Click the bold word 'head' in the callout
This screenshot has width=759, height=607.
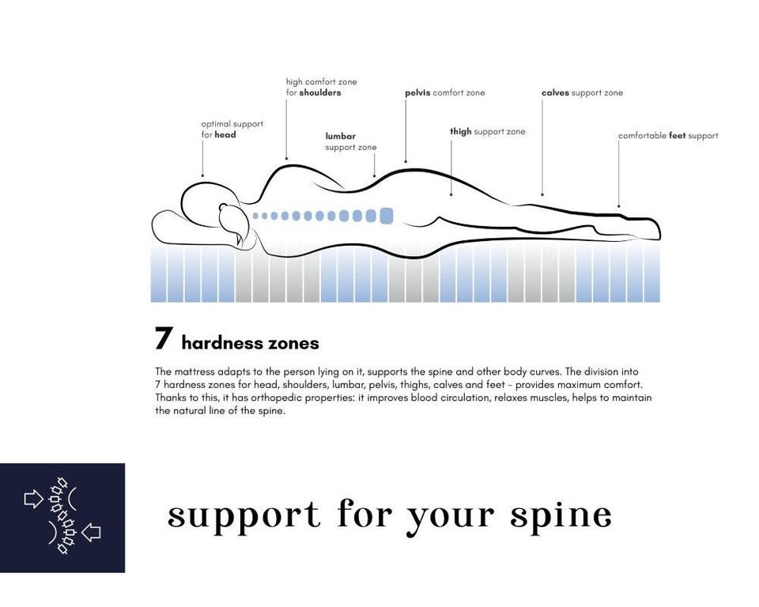click(x=225, y=134)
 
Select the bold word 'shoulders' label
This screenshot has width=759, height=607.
click(x=320, y=92)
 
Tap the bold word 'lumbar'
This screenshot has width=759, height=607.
click(x=340, y=136)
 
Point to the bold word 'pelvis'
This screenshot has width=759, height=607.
click(x=417, y=93)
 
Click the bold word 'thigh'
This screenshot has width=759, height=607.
click(x=461, y=132)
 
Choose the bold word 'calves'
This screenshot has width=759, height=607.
click(x=555, y=92)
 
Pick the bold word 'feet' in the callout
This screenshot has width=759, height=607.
click(x=678, y=135)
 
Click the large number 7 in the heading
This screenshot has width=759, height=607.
click(x=164, y=337)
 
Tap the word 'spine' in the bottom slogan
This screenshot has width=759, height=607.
click(x=561, y=516)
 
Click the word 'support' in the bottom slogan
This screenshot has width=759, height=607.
click(x=244, y=516)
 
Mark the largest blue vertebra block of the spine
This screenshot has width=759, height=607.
click(x=387, y=216)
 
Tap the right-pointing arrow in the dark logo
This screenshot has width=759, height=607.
click(x=33, y=499)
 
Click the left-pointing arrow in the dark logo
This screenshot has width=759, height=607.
click(x=91, y=533)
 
